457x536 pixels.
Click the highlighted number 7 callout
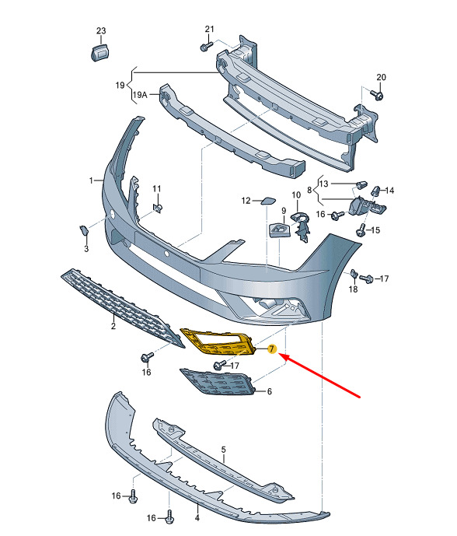(x=272, y=349)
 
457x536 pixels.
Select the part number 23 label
(x=101, y=31)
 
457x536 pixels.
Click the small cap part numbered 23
(x=99, y=52)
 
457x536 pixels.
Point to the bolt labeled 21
(x=206, y=46)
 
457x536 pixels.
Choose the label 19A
(x=140, y=95)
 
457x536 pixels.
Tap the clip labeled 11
(x=158, y=208)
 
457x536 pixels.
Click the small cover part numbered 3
(x=84, y=231)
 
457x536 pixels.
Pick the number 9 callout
(x=284, y=211)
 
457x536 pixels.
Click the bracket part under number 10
(x=300, y=226)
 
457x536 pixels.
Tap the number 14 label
(x=389, y=191)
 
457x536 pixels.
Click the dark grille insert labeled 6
(x=218, y=381)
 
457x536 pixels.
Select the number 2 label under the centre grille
(x=113, y=326)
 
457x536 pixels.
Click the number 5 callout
(x=224, y=450)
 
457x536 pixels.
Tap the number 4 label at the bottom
(x=197, y=518)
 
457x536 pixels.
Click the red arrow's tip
(x=280, y=355)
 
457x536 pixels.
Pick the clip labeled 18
(x=354, y=274)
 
